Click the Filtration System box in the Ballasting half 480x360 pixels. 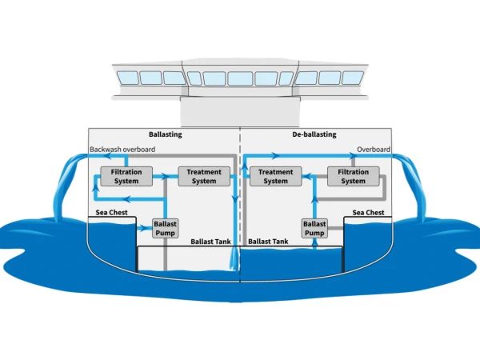126,176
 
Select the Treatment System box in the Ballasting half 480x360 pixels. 204,176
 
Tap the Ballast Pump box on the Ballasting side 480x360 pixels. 166,228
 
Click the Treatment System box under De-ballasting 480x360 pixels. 275,176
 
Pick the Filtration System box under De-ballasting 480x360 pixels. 354,176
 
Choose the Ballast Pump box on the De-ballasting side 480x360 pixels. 314,228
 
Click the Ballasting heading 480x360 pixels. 166,134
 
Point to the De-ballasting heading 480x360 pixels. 314,134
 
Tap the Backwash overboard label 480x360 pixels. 122,150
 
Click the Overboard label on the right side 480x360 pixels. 374,150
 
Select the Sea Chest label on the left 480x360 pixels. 111,213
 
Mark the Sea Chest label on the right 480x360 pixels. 368,213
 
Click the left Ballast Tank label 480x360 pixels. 210,242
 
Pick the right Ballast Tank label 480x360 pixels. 268,242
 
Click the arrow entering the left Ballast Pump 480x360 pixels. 144,228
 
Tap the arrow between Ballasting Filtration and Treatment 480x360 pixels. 166,176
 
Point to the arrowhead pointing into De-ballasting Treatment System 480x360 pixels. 306,176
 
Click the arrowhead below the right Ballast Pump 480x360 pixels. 314,242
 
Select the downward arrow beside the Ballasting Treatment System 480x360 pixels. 234,199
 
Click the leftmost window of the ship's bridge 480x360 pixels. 128,78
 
